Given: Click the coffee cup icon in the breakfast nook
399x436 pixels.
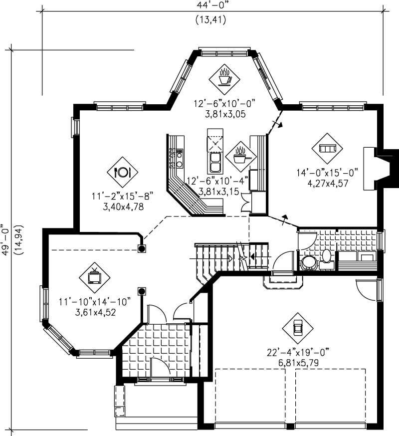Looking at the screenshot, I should point(224,77).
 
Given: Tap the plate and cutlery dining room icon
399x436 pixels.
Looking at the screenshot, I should point(123,172).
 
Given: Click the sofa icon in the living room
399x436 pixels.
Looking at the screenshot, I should point(327,148).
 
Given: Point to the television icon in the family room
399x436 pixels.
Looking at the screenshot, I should point(94,276).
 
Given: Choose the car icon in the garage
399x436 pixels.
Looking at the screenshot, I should point(298,328).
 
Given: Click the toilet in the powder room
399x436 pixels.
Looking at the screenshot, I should point(327,256).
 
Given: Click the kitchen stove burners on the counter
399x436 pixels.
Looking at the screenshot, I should point(178,158).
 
